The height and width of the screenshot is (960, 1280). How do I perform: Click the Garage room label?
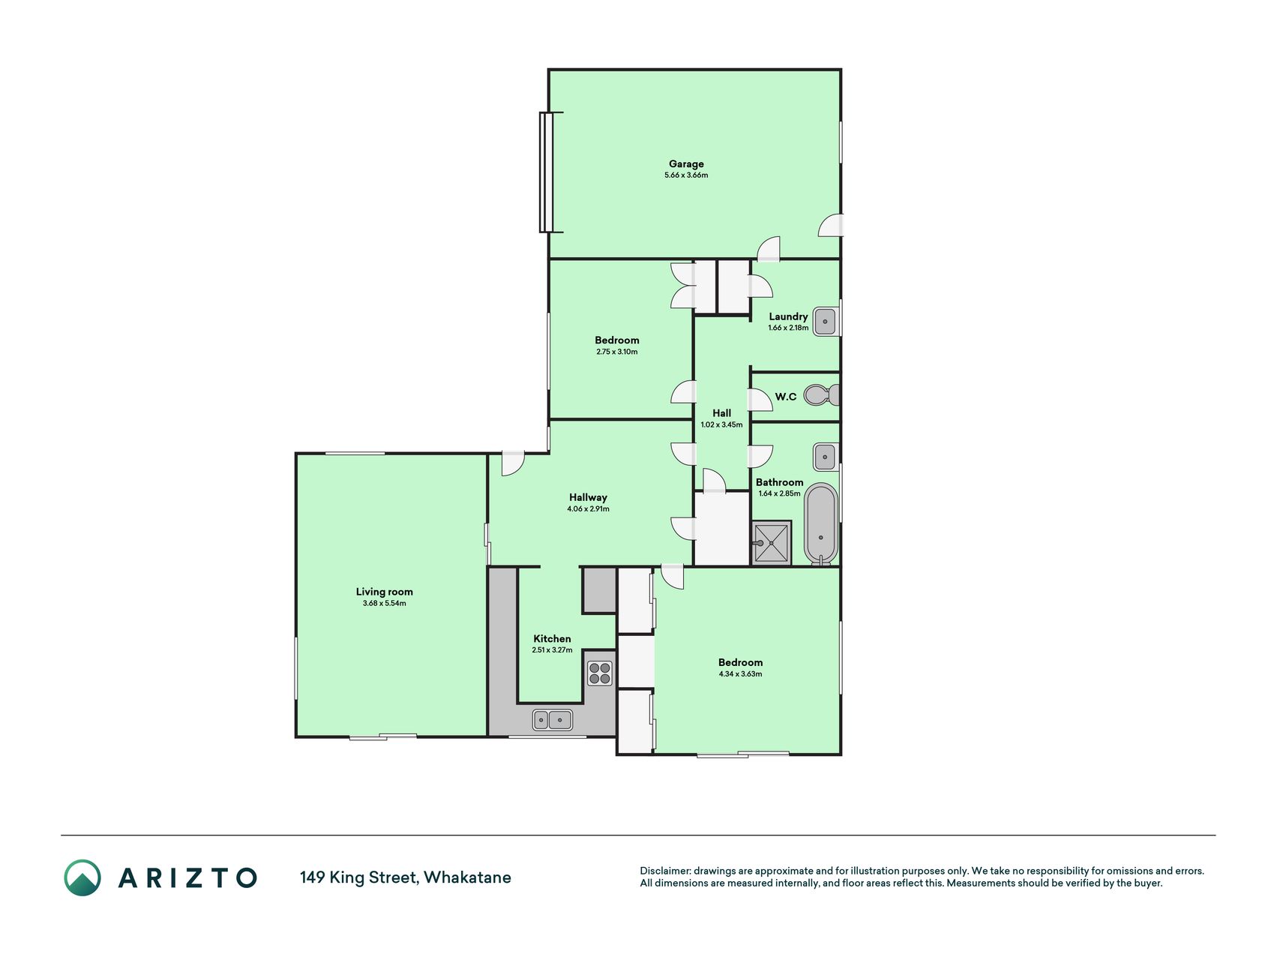click(x=686, y=163)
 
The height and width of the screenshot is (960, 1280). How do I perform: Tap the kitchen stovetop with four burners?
click(x=599, y=673)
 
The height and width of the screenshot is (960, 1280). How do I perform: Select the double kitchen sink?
click(x=553, y=720)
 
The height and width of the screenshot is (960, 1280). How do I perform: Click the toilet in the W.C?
click(x=822, y=394)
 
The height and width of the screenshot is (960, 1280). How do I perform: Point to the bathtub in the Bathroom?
click(x=821, y=523)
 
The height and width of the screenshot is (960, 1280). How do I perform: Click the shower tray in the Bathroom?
click(x=771, y=542)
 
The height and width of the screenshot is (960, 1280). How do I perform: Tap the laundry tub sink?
click(x=825, y=321)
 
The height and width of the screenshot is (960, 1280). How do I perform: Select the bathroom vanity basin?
click(x=825, y=456)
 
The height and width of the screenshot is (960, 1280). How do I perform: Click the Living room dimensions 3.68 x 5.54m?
click(x=384, y=603)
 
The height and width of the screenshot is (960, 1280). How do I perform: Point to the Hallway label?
click(x=588, y=497)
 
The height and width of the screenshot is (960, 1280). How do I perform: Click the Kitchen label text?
click(x=552, y=639)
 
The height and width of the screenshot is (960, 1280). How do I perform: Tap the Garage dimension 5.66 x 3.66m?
click(x=686, y=175)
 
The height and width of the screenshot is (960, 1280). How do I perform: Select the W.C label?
click(x=786, y=397)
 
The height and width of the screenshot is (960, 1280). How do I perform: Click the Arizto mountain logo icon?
click(x=82, y=877)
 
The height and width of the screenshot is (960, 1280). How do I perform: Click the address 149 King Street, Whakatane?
click(x=406, y=877)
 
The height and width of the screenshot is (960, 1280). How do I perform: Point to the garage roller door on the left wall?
click(x=547, y=172)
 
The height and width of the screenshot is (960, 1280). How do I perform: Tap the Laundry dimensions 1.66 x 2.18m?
click(x=788, y=328)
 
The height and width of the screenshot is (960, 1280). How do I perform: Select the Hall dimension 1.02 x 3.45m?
click(x=721, y=424)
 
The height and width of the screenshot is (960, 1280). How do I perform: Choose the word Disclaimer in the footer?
click(x=664, y=871)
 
